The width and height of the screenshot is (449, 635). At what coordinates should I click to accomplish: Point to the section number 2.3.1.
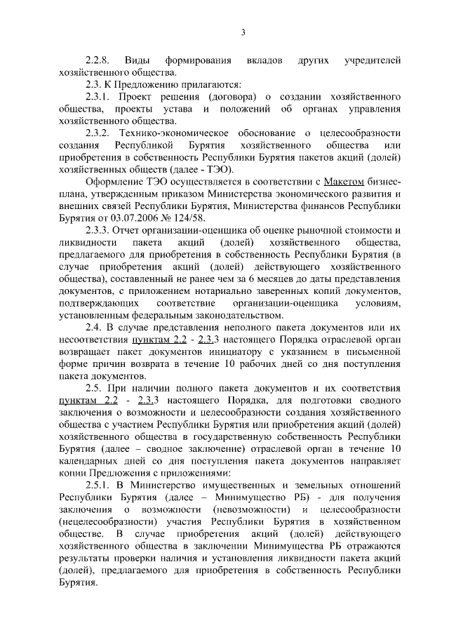pyautogui.click(x=98, y=96)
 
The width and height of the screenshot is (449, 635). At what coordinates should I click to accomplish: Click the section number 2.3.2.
pyautogui.click(x=98, y=133)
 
